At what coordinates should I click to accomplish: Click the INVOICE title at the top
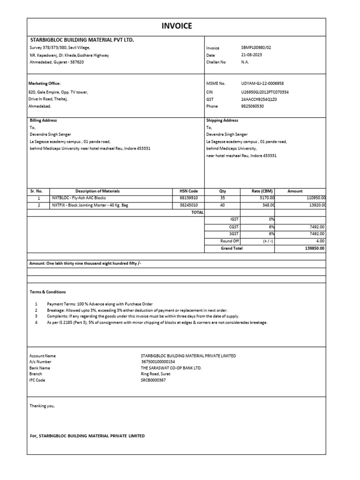coord(177,26)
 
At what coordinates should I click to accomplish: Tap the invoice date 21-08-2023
coord(251,55)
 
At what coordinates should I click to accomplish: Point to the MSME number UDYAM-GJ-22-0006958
coord(263,83)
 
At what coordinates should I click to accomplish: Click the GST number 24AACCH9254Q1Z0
coord(259,99)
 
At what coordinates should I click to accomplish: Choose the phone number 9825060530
coord(253,106)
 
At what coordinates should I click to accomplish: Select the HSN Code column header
coord(189,191)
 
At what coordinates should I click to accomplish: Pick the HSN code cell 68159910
coord(189,198)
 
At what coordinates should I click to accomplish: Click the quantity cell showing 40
coord(222,205)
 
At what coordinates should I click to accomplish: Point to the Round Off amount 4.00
coord(320,241)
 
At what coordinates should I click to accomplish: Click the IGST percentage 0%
coord(271,219)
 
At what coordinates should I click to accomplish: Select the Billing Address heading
coord(43,120)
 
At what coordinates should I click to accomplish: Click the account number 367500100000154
coord(158,362)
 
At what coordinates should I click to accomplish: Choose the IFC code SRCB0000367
coord(153,380)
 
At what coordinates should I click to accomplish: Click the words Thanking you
coord(42,406)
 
